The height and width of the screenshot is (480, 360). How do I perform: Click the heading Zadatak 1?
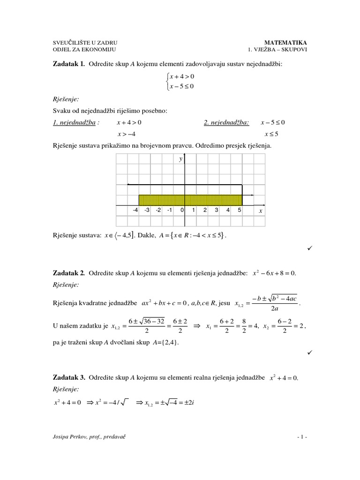tap(69, 64)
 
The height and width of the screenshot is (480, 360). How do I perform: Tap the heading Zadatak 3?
tap(69, 377)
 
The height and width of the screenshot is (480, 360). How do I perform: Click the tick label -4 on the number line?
tap(135, 210)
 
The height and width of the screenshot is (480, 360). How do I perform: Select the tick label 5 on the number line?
tap(239, 210)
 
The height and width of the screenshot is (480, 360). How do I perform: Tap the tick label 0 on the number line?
tap(182, 210)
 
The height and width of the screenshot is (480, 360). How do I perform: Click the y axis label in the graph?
tap(180, 159)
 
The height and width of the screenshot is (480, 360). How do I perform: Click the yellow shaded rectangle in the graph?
tap(190, 200)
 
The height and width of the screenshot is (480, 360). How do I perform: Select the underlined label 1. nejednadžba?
tap(74, 123)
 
